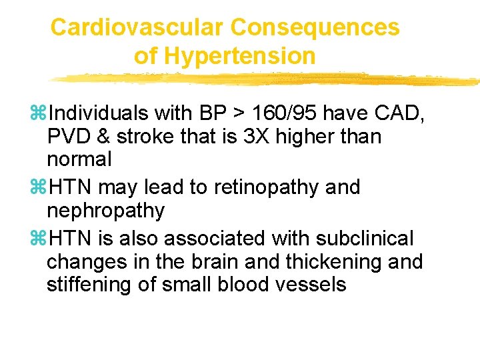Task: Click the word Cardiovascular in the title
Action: (x=137, y=27)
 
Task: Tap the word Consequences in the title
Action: (x=315, y=27)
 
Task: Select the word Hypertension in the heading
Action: (x=239, y=56)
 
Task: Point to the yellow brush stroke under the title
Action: (x=267, y=79)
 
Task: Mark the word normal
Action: (x=79, y=160)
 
